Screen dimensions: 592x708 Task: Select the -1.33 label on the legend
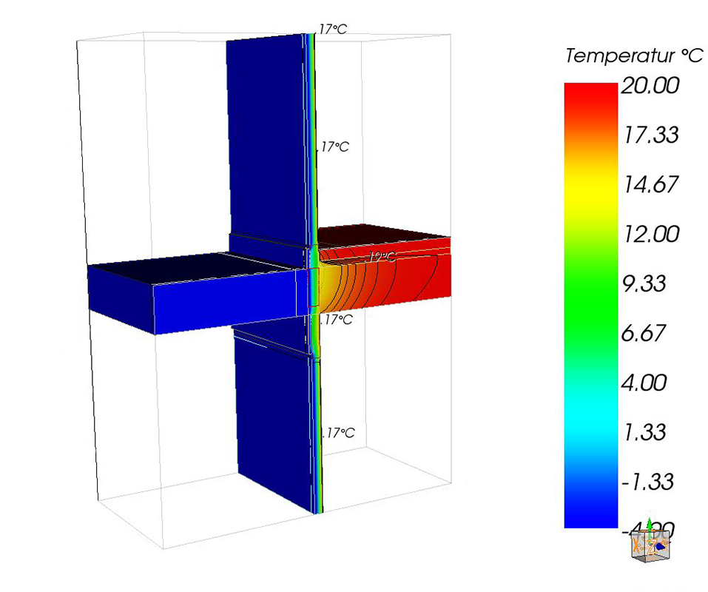tap(647, 482)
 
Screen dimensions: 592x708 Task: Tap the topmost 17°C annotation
tap(332, 30)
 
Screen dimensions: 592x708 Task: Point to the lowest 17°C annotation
tap(339, 433)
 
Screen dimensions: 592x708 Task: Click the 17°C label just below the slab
tap(337, 320)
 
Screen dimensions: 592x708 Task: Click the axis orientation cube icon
tap(649, 545)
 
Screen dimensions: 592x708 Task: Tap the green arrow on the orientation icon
tap(650, 525)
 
